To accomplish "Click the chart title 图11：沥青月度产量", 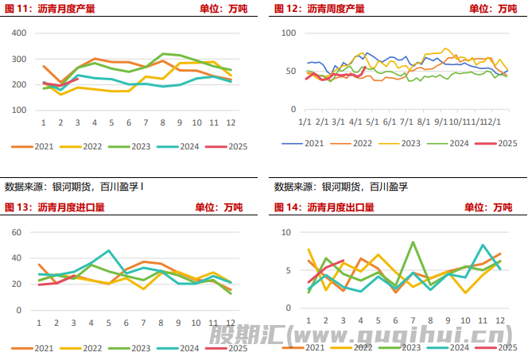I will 49,9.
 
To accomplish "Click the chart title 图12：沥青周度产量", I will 320,9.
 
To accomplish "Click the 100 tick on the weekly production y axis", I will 289,33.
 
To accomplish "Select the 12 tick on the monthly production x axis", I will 230,122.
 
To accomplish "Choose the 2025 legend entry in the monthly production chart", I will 228,146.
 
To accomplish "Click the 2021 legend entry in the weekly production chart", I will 305,143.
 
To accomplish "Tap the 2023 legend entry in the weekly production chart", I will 401,143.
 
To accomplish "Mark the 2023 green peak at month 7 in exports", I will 413,242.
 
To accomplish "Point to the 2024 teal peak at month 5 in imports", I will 109,250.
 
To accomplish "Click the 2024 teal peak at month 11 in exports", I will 483,246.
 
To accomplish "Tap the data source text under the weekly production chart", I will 341,188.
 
